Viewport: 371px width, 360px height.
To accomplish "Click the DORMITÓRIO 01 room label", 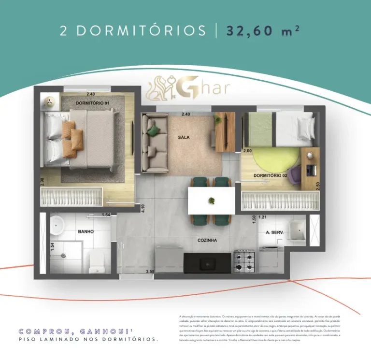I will [93, 103].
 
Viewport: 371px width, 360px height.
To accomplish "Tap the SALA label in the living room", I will [184, 137].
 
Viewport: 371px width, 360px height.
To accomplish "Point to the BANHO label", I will [86, 232].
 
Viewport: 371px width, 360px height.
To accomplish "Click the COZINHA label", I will [207, 240].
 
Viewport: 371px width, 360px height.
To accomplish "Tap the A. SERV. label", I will [274, 232].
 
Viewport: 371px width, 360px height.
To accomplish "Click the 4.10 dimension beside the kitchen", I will [143, 209].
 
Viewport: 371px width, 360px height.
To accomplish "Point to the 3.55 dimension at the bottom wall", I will [151, 272].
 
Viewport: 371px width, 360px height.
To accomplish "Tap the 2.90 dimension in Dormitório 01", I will [43, 182].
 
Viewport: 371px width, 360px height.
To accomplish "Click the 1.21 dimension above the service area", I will [262, 217].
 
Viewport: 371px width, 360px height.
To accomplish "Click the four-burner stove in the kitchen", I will [244, 261].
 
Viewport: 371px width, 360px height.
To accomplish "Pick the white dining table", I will [211, 199].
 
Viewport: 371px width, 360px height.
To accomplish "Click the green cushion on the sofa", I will [153, 130].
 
